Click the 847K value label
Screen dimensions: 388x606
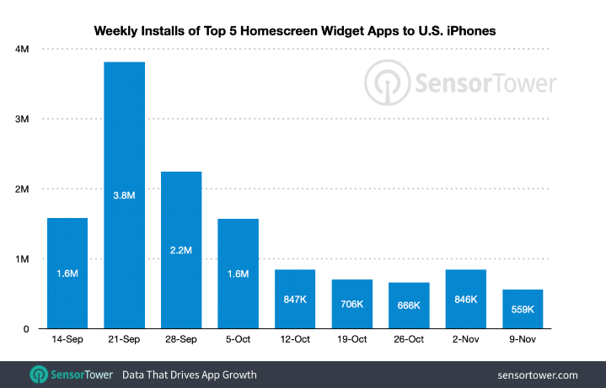(x=295, y=299)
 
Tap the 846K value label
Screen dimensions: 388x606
(x=465, y=299)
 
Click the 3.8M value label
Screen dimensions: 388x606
(x=125, y=195)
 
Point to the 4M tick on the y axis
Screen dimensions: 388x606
(x=23, y=49)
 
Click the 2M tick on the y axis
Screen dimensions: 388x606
(x=23, y=189)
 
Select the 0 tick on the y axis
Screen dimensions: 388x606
(x=27, y=329)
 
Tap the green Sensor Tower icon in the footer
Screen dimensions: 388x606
(x=39, y=375)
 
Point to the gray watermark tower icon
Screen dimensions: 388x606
(x=384, y=82)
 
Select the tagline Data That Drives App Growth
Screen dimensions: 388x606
(x=190, y=375)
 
